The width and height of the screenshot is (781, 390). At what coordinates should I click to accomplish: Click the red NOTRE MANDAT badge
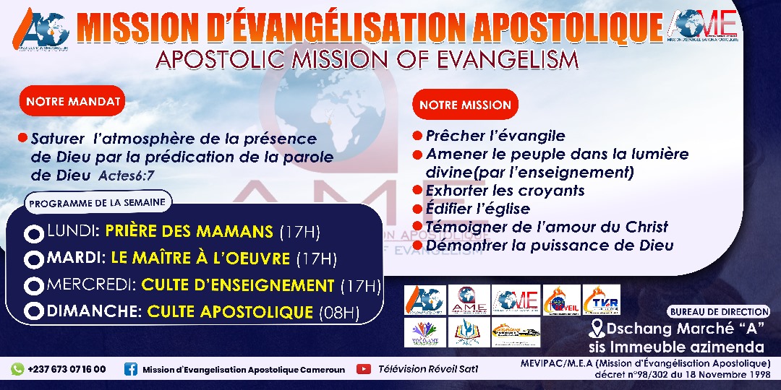(73, 102)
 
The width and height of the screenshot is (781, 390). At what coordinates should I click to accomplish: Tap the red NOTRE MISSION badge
(465, 105)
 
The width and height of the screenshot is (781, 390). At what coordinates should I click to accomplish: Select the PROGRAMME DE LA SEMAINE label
(97, 203)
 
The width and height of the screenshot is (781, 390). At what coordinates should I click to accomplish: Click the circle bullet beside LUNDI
(33, 234)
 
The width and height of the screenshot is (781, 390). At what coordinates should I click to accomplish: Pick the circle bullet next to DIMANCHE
(33, 312)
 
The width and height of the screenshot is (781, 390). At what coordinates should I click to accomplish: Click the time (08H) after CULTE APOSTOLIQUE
(340, 313)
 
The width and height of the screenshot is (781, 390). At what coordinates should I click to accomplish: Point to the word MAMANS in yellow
(238, 232)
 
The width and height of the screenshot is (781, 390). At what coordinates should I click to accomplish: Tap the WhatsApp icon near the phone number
(17, 369)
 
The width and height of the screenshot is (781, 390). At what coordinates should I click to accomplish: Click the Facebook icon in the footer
(131, 369)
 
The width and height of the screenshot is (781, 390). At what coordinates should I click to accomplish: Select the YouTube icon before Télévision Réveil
(364, 369)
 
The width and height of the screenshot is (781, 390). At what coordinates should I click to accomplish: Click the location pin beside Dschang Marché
(597, 329)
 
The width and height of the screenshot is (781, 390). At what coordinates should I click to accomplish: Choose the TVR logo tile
(601, 300)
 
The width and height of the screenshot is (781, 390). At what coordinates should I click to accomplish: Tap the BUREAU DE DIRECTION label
(719, 311)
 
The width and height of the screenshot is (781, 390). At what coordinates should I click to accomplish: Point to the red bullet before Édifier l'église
(417, 209)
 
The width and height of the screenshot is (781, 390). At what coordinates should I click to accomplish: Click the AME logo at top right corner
(704, 26)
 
